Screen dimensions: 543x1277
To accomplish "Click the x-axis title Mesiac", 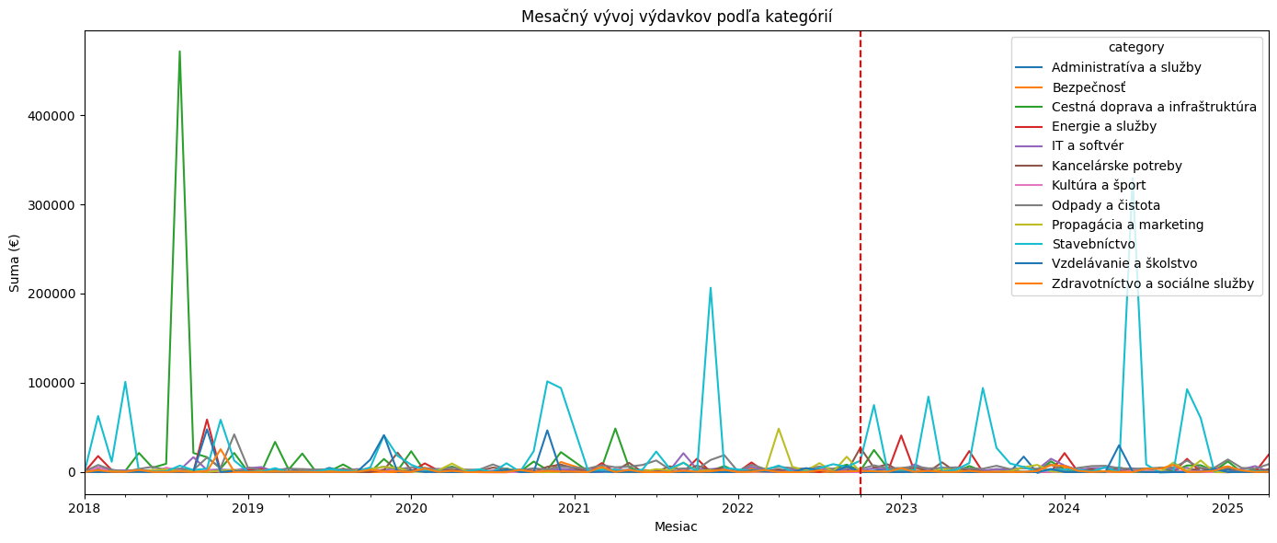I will [676, 527].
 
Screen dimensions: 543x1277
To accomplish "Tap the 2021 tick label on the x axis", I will [574, 507].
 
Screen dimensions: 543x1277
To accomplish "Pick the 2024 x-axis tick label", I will [1064, 507].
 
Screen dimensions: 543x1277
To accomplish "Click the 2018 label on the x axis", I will [85, 507].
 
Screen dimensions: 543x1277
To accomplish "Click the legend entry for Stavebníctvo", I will [1099, 245].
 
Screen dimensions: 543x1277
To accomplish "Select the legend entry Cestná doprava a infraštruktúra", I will [1154, 107].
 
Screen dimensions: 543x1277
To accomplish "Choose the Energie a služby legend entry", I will [1103, 126].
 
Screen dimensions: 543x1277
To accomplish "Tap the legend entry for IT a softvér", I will [1087, 146].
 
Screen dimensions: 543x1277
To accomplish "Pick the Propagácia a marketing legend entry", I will [1127, 225].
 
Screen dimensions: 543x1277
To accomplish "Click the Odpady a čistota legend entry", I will [1106, 205].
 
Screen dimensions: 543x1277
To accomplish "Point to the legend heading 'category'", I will [1136, 47].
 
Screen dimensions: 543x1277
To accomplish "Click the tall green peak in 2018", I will [179, 52].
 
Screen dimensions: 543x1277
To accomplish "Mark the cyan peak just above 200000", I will [710, 288].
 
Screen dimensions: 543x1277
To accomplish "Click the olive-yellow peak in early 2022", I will [779, 429].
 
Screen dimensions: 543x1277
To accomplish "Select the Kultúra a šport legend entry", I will [1099, 186].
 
